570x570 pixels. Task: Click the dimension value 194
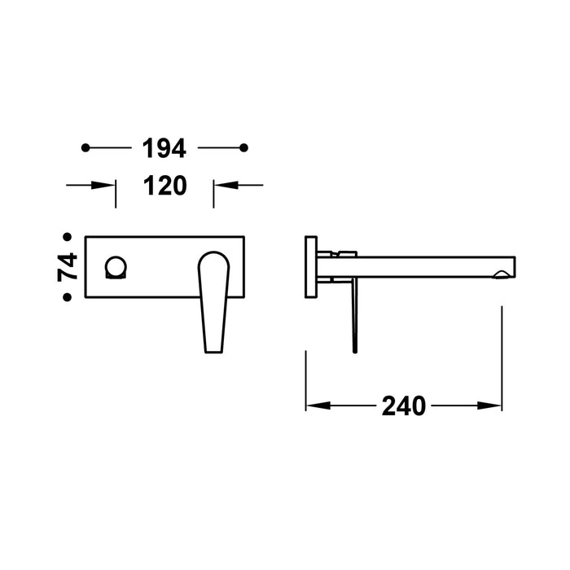pos(164,148)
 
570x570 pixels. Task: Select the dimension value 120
pos(164,186)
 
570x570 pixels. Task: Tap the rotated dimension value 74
pos(68,266)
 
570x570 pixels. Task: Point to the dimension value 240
pos(404,406)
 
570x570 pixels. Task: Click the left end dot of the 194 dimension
pos(85,148)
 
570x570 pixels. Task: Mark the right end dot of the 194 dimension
pos(243,148)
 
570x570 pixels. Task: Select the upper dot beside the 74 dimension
pos(68,237)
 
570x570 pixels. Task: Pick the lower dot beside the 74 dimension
pos(68,297)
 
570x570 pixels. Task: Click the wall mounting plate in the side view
pos(310,267)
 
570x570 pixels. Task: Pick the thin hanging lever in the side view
pos(353,318)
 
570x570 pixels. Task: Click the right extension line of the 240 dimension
pos(502,358)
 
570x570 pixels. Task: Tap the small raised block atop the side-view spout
pos(345,252)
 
